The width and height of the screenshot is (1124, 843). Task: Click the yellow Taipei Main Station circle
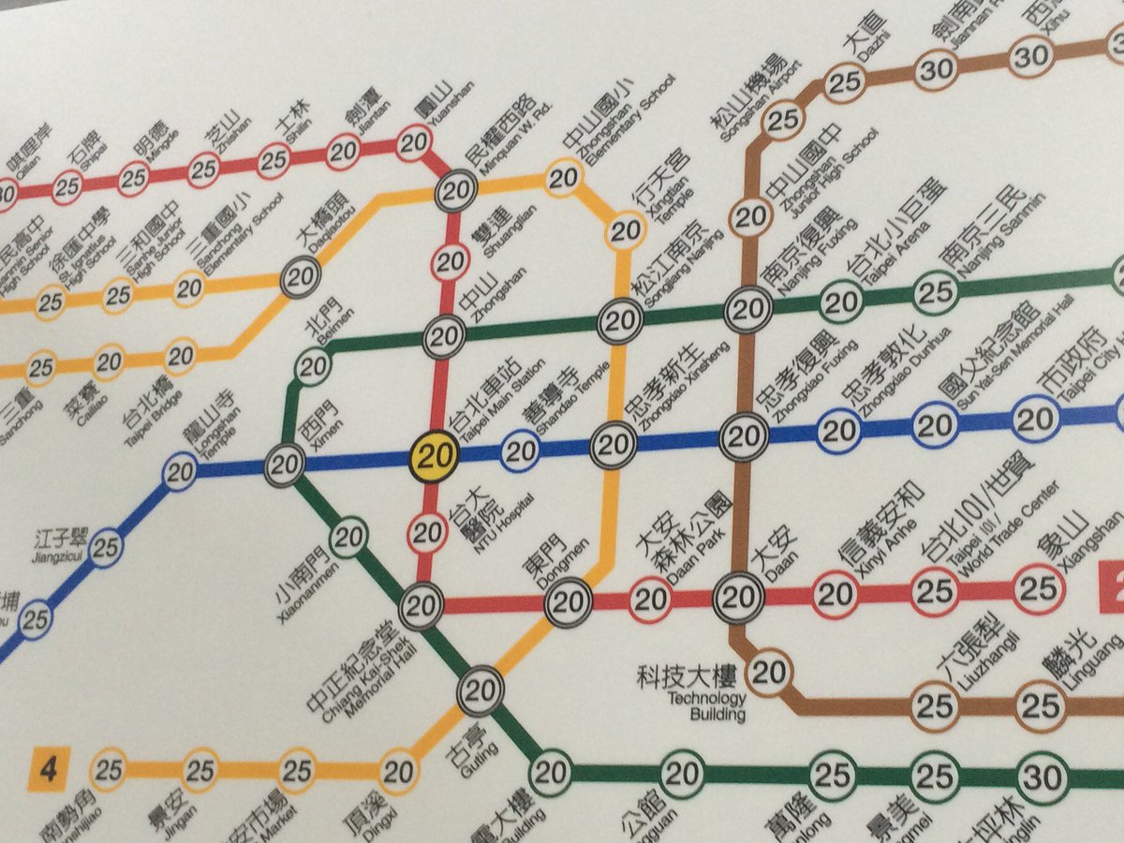coord(434,456)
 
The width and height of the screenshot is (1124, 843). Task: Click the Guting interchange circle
coord(479,692)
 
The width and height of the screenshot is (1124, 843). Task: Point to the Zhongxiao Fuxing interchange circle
coord(746,436)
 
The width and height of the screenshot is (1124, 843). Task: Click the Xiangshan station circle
coord(1039,589)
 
